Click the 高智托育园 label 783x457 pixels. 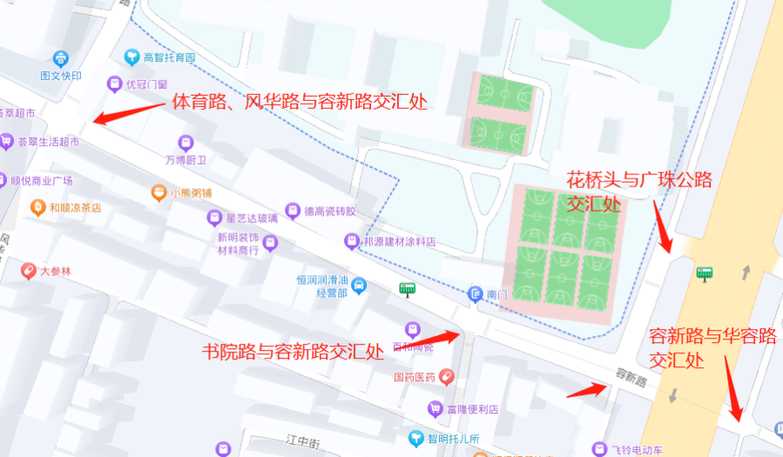(x=168, y=58)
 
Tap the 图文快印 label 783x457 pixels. (x=60, y=76)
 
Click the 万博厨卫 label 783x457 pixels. (x=186, y=160)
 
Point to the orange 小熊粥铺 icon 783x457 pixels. (x=159, y=192)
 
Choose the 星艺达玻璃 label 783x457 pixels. (x=252, y=218)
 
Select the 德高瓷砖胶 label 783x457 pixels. (x=329, y=211)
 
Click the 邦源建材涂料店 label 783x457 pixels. (x=400, y=240)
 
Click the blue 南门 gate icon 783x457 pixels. (x=476, y=294)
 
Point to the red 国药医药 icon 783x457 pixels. (x=447, y=377)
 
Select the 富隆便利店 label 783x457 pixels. (x=471, y=408)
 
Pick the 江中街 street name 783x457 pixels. (x=303, y=443)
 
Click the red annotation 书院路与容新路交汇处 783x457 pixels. (x=293, y=352)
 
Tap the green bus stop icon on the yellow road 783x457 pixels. (x=705, y=273)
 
